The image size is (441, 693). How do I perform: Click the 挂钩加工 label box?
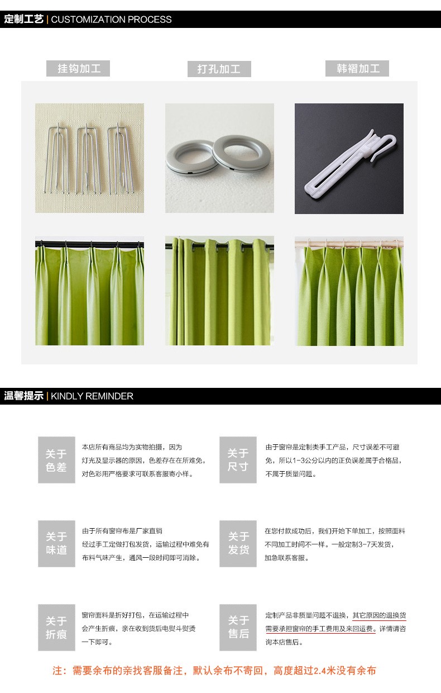78,68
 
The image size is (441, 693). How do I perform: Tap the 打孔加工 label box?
219,69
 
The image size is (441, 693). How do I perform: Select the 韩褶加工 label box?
357,68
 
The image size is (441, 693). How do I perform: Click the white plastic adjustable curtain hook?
349,161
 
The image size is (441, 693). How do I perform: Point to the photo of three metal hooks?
89,158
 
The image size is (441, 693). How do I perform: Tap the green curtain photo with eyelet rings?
219,291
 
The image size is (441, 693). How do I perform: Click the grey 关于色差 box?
56,460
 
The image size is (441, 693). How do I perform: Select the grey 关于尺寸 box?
238,460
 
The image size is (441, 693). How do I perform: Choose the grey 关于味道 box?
56,544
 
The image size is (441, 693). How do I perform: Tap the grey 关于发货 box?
238,544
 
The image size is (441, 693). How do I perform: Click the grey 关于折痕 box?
56,628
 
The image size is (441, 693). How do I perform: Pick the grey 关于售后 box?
238,628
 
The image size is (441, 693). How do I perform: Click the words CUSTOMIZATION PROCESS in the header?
111,20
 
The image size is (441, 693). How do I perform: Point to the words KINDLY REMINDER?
92,396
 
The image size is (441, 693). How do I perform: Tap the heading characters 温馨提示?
23,396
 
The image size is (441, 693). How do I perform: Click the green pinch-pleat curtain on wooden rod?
349,291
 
